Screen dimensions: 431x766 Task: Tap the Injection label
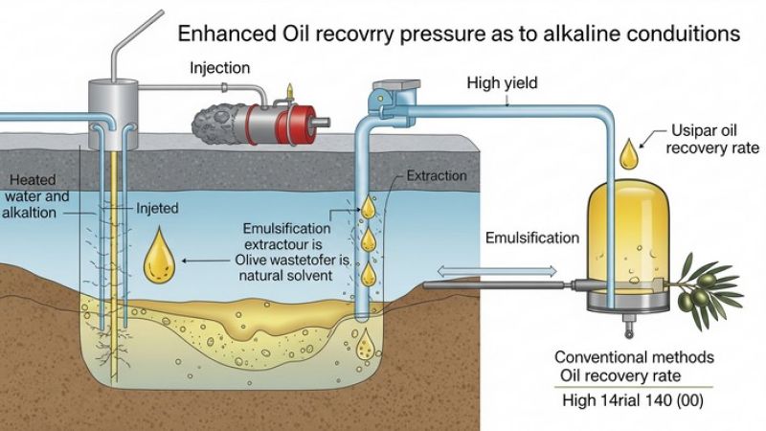tap(219, 68)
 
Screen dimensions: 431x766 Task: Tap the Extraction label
tap(437, 176)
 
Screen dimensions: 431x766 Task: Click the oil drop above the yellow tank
tap(627, 152)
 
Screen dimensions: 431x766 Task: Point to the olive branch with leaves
tap(711, 286)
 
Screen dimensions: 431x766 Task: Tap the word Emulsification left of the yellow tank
tap(531, 238)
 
